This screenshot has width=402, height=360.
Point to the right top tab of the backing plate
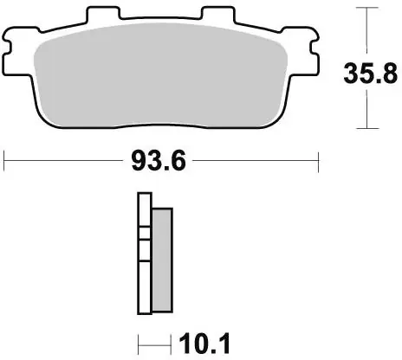pos(220,16)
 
